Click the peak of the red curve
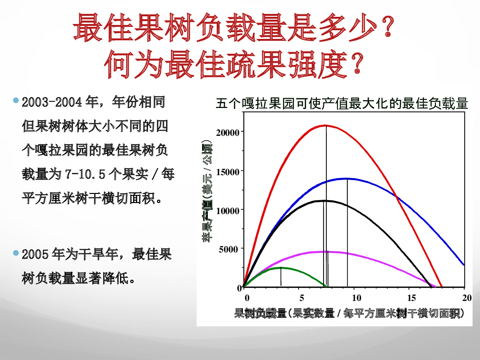326,125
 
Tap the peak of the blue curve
347,178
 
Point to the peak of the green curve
281,267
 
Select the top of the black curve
324,201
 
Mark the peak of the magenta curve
326,252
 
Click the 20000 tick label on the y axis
228,133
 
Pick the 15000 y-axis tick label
228,172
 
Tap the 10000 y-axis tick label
228,211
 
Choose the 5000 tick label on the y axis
229,250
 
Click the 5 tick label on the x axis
302,298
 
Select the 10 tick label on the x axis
357,298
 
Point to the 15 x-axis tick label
412,298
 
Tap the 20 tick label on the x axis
467,298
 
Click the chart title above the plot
342,104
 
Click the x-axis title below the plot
349,313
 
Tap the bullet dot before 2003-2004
16,100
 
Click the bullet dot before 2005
16,253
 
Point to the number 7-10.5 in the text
85,175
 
